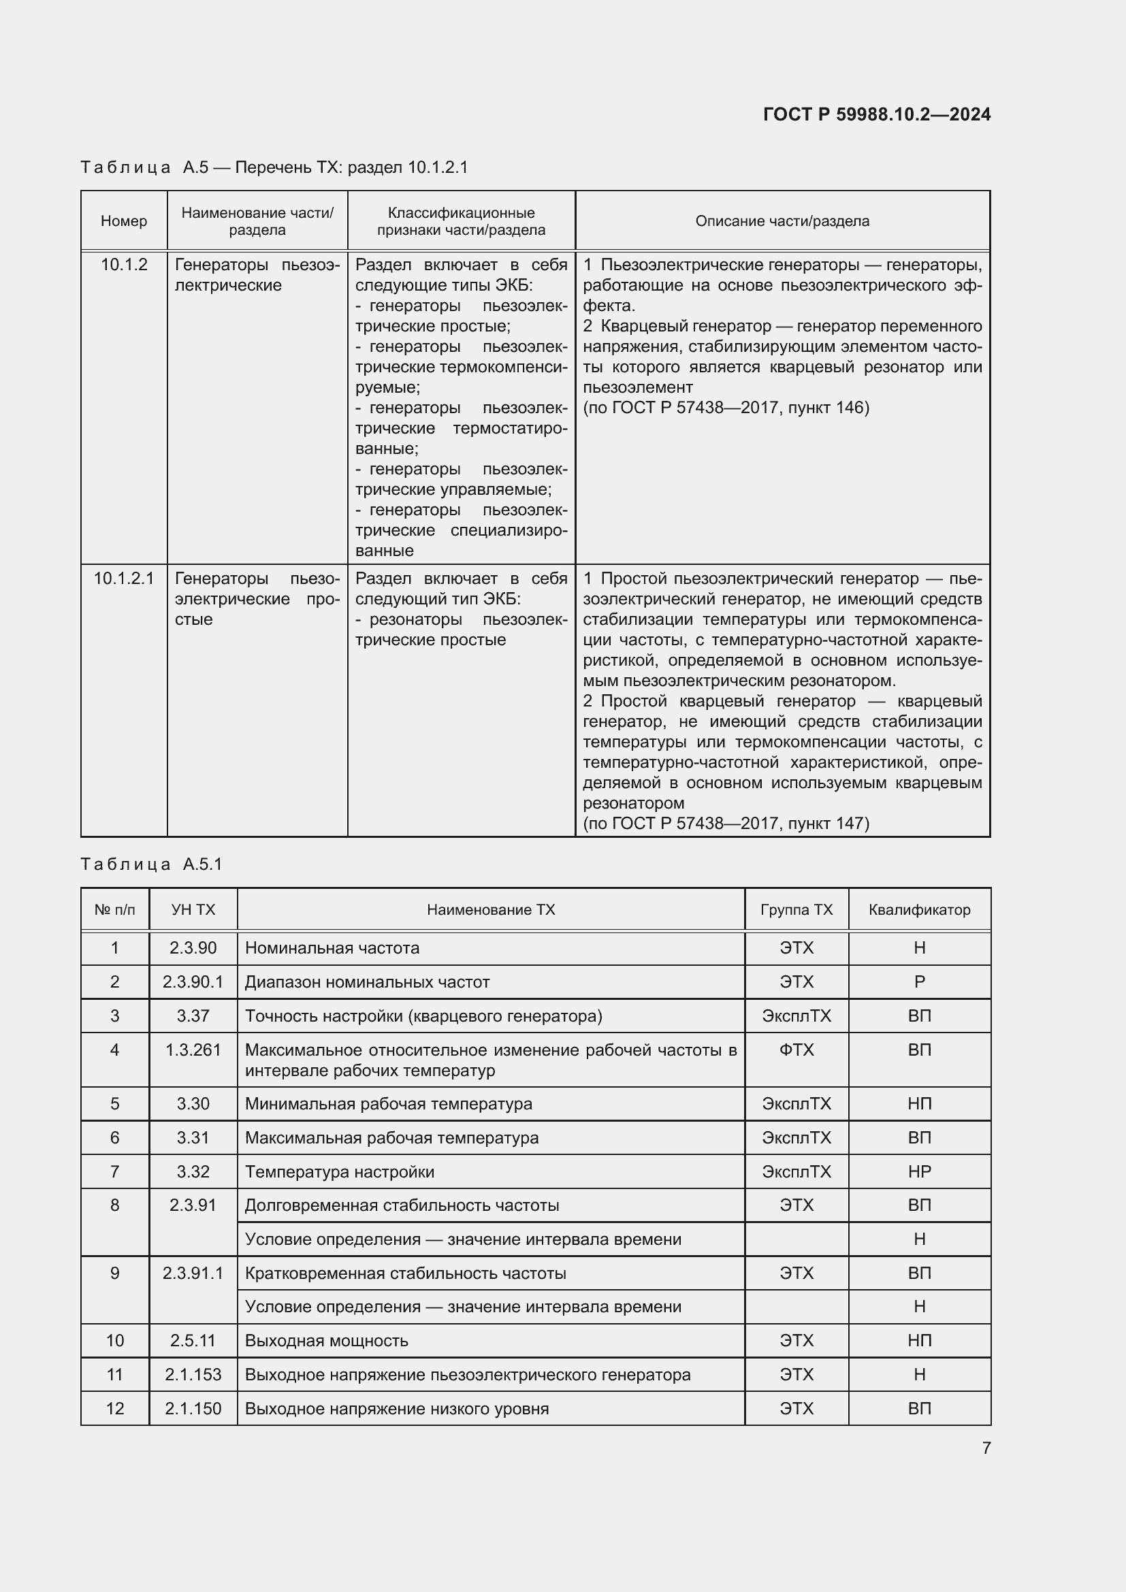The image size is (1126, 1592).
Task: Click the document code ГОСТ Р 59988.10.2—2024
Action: pyautogui.click(x=876, y=114)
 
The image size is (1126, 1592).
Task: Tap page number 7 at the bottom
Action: pyautogui.click(x=986, y=1448)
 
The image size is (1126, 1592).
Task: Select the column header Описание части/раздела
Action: pyautogui.click(x=782, y=221)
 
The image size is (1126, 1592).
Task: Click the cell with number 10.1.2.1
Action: pyautogui.click(x=124, y=579)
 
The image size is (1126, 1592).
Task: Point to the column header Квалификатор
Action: pyautogui.click(x=919, y=910)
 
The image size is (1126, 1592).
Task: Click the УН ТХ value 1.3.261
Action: pyautogui.click(x=193, y=1050)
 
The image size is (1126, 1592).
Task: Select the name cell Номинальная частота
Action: pyautogui.click(x=332, y=948)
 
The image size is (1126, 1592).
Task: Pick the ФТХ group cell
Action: pyautogui.click(x=796, y=1050)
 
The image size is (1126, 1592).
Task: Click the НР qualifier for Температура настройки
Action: pyautogui.click(x=919, y=1172)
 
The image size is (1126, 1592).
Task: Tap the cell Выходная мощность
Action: pyautogui.click(x=327, y=1340)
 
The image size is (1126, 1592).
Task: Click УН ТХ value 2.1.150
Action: pyautogui.click(x=193, y=1408)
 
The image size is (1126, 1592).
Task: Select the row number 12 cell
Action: pyautogui.click(x=115, y=1408)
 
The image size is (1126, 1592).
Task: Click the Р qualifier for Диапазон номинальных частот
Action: pyautogui.click(x=919, y=982)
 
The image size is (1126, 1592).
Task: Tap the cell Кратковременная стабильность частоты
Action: pyautogui.click(x=406, y=1273)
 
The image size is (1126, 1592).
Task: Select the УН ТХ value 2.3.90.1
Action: pyautogui.click(x=193, y=982)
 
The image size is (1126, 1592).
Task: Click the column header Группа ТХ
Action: pyautogui.click(x=796, y=910)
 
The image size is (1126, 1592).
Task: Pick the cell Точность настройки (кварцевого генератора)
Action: pyautogui.click(x=423, y=1016)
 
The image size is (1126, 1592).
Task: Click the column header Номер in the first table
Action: pyautogui.click(x=124, y=221)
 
